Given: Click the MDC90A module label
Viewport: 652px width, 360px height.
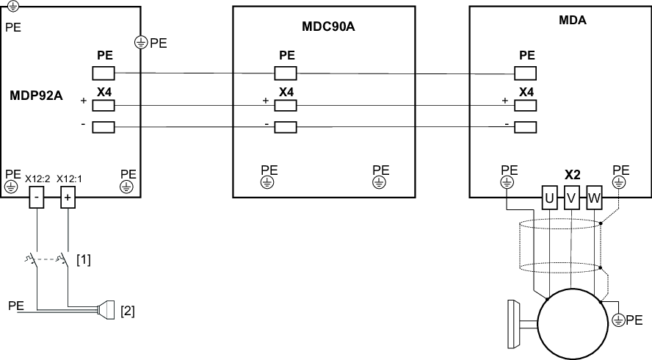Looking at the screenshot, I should tap(324, 28).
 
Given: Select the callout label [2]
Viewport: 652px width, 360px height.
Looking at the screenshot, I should tap(127, 311).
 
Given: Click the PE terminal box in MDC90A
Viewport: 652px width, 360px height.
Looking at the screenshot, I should tap(285, 72).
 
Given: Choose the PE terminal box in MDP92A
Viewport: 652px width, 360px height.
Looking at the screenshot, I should tap(104, 72).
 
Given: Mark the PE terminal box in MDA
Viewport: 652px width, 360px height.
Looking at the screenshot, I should tap(525, 72).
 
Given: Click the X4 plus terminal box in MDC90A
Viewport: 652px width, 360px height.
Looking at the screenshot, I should tap(285, 105).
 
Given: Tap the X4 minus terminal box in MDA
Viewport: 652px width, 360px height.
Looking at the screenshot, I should tap(525, 126).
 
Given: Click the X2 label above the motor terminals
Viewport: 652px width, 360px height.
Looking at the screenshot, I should tap(573, 176).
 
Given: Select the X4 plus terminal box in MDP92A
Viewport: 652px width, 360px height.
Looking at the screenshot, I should tap(104, 105).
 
